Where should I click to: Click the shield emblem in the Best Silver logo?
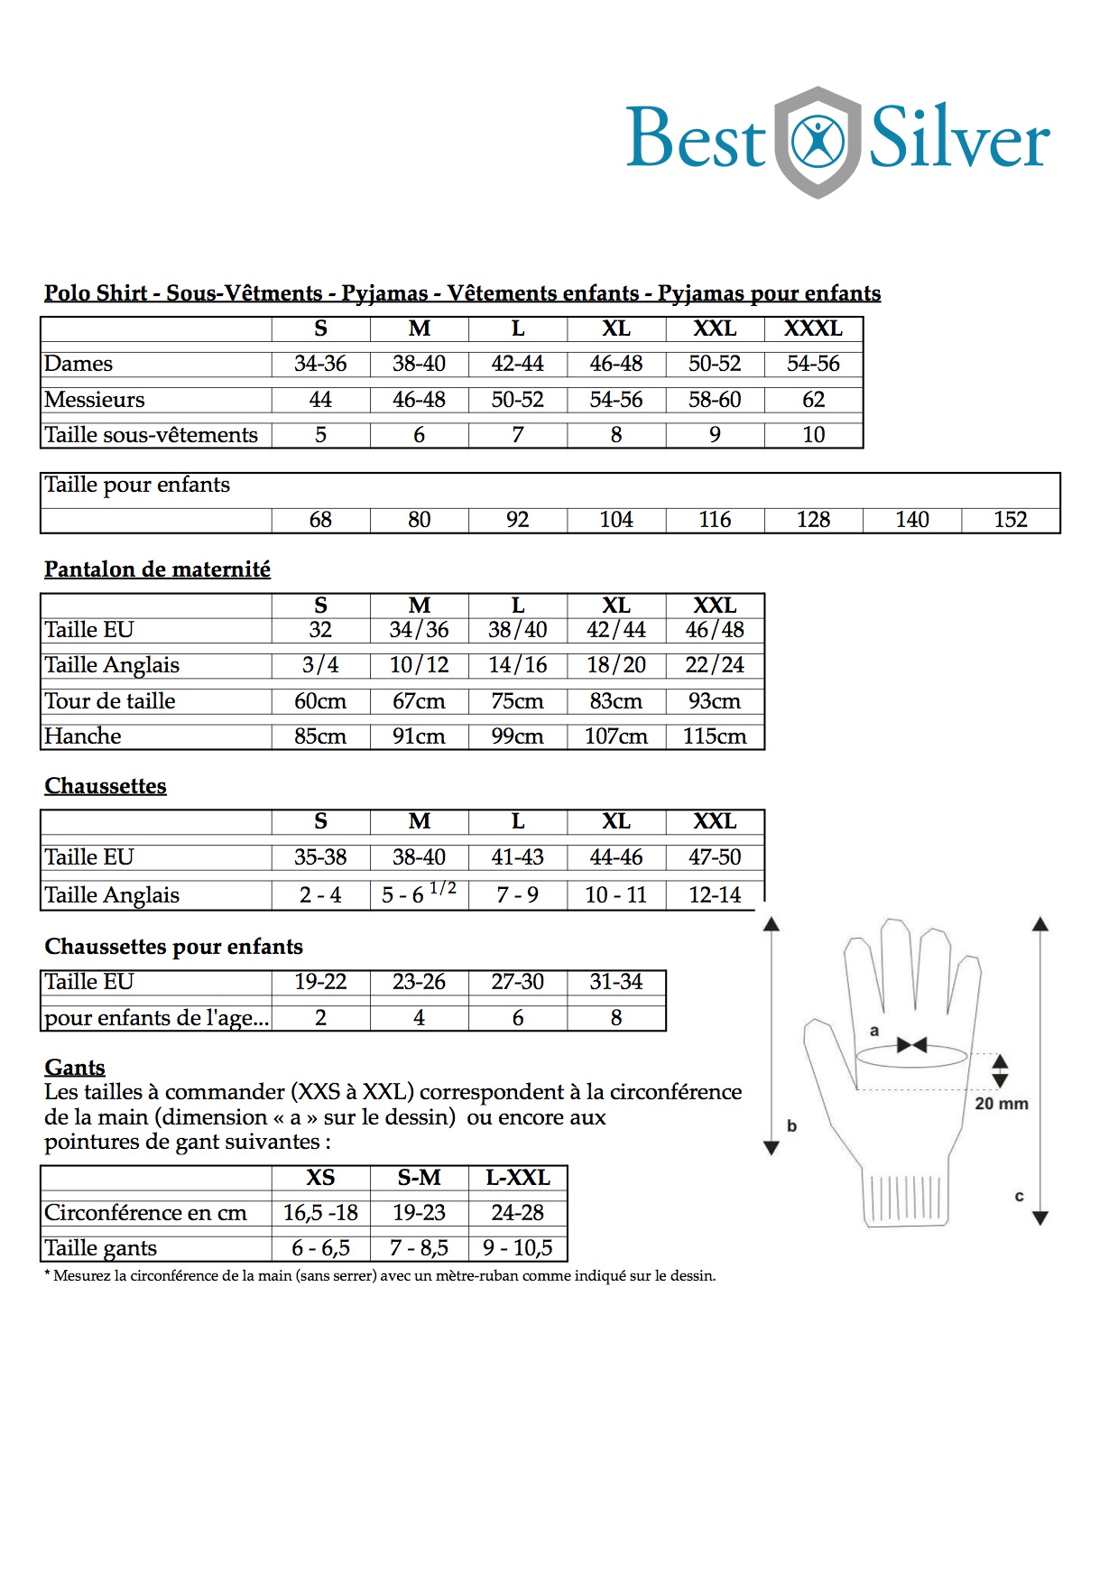[x=818, y=142]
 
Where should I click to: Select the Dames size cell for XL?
[x=616, y=364]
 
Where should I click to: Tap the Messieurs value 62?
[x=813, y=400]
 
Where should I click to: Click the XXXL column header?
[x=813, y=329]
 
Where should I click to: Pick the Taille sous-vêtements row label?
[x=152, y=435]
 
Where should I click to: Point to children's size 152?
[x=1010, y=520]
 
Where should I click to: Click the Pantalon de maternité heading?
[x=157, y=569]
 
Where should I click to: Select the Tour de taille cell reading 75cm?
[x=517, y=701]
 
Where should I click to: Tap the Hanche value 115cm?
[x=715, y=736]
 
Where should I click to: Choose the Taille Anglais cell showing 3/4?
[x=320, y=665]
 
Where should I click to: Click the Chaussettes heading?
[x=106, y=786]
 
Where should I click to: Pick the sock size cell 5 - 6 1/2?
[x=419, y=893]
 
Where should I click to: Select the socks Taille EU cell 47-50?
[x=715, y=857]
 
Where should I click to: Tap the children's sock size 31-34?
[x=616, y=982]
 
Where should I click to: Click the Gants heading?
[x=75, y=1068]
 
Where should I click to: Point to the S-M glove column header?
[x=419, y=1178]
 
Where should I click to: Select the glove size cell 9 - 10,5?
[x=517, y=1248]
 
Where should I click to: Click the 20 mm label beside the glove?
[x=1001, y=1104]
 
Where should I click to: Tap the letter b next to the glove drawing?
[x=791, y=1125]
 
